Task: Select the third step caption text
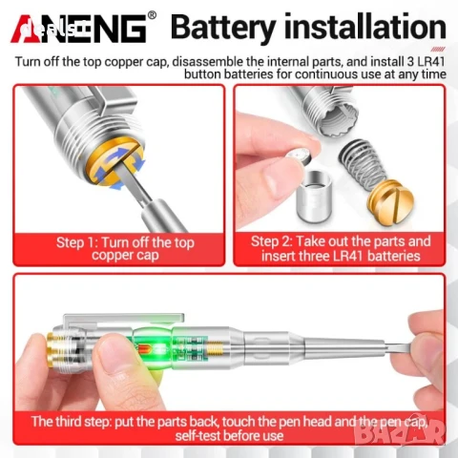229,427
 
